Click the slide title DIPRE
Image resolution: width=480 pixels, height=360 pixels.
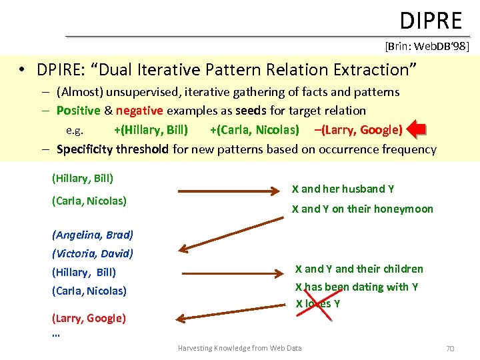coord(431,21)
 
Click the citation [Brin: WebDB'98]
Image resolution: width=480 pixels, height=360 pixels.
coord(427,46)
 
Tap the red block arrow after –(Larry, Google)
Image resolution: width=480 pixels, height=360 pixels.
coord(415,129)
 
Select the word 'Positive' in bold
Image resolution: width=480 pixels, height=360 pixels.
coord(78,111)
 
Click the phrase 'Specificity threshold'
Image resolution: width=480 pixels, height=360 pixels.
coord(112,149)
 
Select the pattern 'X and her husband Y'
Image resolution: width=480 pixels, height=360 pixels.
coord(343,189)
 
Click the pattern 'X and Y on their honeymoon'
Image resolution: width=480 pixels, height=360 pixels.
coord(362,209)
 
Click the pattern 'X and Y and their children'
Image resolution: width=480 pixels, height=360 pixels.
coord(359,269)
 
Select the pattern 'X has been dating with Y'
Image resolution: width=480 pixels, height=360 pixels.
coord(357,287)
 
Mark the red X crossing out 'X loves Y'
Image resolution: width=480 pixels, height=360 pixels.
coord(318,304)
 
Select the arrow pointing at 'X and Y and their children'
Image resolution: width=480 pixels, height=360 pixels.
coord(231,271)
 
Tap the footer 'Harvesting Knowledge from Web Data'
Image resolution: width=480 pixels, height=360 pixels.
coord(239,348)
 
